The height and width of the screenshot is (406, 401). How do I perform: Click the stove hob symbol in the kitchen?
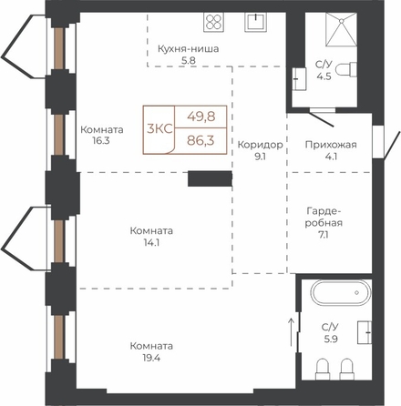click(x=213, y=22)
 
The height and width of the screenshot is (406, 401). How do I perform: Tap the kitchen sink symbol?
click(x=256, y=22)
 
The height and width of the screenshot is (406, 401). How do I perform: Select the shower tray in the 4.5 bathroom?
click(x=341, y=29)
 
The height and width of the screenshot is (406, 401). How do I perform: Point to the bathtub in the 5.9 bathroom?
click(x=342, y=292)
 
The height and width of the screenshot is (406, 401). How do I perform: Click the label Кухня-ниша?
click(x=189, y=49)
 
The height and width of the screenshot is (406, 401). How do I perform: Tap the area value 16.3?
click(x=101, y=141)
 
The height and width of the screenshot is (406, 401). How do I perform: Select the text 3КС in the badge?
click(x=159, y=129)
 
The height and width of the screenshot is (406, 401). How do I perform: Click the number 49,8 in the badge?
click(x=201, y=117)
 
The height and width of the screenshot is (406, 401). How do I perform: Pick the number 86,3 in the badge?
click(x=201, y=140)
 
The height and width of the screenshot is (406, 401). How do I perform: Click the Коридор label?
click(x=261, y=145)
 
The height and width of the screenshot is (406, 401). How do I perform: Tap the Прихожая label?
click(x=331, y=145)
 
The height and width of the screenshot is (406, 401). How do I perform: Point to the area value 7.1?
click(x=324, y=235)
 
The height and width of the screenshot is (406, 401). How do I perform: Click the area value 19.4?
click(x=151, y=358)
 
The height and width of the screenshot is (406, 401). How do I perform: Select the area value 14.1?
click(x=151, y=243)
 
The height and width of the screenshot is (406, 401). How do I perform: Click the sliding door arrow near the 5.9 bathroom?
click(x=292, y=332)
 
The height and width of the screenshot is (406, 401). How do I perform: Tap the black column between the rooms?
click(x=211, y=178)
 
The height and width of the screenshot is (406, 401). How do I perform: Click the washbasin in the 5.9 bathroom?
click(x=365, y=332)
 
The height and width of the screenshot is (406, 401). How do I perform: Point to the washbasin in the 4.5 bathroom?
click(x=299, y=79)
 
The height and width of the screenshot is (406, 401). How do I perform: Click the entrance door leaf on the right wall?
click(x=393, y=145)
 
